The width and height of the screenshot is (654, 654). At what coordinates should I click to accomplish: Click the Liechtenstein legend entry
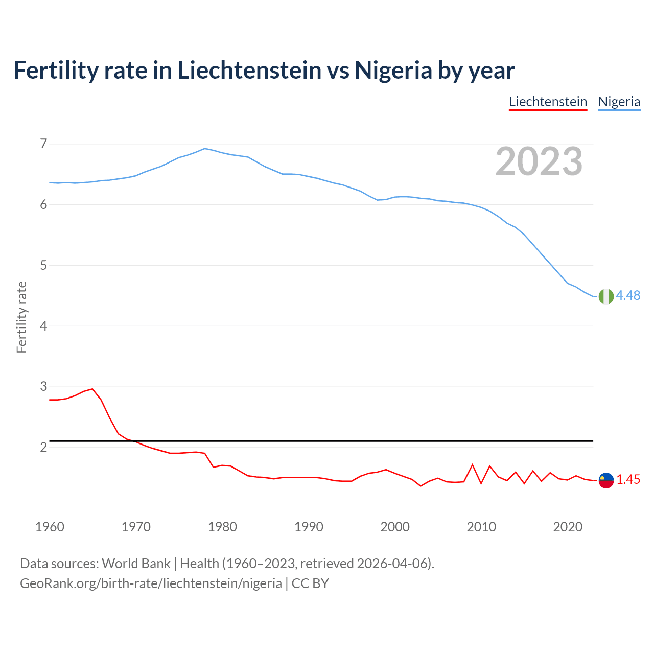pyautogui.click(x=548, y=102)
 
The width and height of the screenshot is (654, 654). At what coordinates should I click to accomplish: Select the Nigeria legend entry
pyautogui.click(x=619, y=102)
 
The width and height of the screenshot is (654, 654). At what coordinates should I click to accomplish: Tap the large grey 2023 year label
pyautogui.click(x=539, y=161)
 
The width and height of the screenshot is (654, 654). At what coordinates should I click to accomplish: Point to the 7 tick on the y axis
pyautogui.click(x=43, y=144)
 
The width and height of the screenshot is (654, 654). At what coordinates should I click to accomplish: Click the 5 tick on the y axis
pyautogui.click(x=43, y=265)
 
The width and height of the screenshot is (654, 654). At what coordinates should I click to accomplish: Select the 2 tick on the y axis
pyautogui.click(x=43, y=447)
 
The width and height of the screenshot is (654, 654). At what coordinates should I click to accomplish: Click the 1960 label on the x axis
pyautogui.click(x=50, y=527)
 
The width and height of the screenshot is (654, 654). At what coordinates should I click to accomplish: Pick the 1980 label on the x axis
pyautogui.click(x=222, y=527)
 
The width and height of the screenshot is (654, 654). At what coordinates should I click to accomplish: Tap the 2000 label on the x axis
pyautogui.click(x=395, y=527)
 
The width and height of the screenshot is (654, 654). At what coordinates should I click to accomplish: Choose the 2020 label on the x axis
pyautogui.click(x=568, y=527)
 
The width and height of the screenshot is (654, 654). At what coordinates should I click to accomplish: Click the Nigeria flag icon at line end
pyautogui.click(x=606, y=296)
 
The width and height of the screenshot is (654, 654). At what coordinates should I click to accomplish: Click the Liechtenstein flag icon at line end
pyautogui.click(x=606, y=480)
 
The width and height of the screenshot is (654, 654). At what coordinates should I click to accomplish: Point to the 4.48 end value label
pyautogui.click(x=628, y=296)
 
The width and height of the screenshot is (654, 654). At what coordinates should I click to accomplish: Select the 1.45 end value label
pyautogui.click(x=628, y=480)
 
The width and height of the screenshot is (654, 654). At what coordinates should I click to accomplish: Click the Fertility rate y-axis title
pyautogui.click(x=21, y=317)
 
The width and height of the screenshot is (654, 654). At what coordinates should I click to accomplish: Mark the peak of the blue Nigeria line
pyautogui.click(x=205, y=149)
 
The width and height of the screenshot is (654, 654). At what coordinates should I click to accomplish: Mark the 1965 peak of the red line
pyautogui.click(x=92, y=389)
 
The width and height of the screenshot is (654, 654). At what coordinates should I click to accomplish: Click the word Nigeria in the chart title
pyautogui.click(x=393, y=70)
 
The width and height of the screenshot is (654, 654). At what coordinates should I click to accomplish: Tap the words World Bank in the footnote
pyautogui.click(x=136, y=564)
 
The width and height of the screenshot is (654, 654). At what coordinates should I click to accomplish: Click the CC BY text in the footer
pyautogui.click(x=310, y=583)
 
